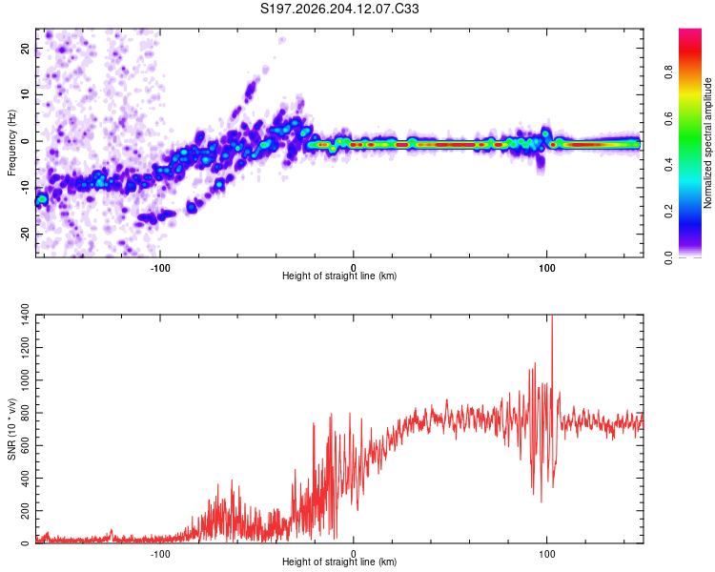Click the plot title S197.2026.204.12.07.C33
coord(339,9)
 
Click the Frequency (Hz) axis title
coord(11,143)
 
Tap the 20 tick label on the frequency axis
coord(25,48)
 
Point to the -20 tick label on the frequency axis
coord(25,234)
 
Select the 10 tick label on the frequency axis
coord(25,94)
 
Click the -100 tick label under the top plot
coord(159,268)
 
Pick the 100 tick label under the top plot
coord(546,268)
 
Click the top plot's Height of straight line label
coord(339,276)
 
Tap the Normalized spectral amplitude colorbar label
coord(707,143)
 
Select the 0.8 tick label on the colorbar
coord(668,72)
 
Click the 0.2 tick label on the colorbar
coord(668,212)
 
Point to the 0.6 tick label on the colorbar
coord(668,118)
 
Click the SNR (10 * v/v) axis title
coord(11,429)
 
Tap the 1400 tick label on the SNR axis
coord(25,316)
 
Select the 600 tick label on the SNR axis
coord(25,445)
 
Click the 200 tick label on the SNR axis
coord(25,511)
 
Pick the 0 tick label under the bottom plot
coord(354,554)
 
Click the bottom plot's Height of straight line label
coord(339,562)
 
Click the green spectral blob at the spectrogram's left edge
coord(42,199)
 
